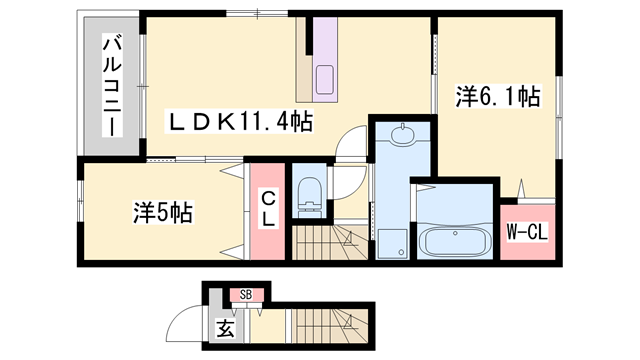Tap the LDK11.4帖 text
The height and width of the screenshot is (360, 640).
(x=241, y=122)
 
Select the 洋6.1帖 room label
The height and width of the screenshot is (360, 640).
(x=498, y=97)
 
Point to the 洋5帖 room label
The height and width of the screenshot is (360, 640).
(x=163, y=212)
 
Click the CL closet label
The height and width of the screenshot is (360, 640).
(x=269, y=210)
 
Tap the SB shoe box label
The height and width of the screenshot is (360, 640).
(x=246, y=295)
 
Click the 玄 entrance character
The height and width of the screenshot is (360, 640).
(x=226, y=327)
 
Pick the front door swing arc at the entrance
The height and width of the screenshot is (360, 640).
(x=186, y=322)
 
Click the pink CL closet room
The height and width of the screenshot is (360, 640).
(x=269, y=213)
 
